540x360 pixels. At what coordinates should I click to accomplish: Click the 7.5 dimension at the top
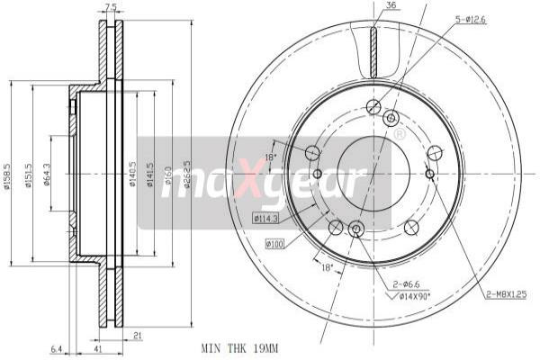click(111, 8)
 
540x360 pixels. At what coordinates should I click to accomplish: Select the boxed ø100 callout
click(274, 244)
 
